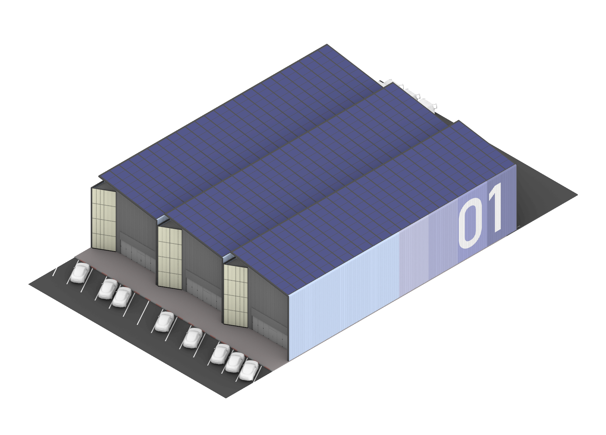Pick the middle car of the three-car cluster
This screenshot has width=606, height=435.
pyautogui.click(x=235, y=362)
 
